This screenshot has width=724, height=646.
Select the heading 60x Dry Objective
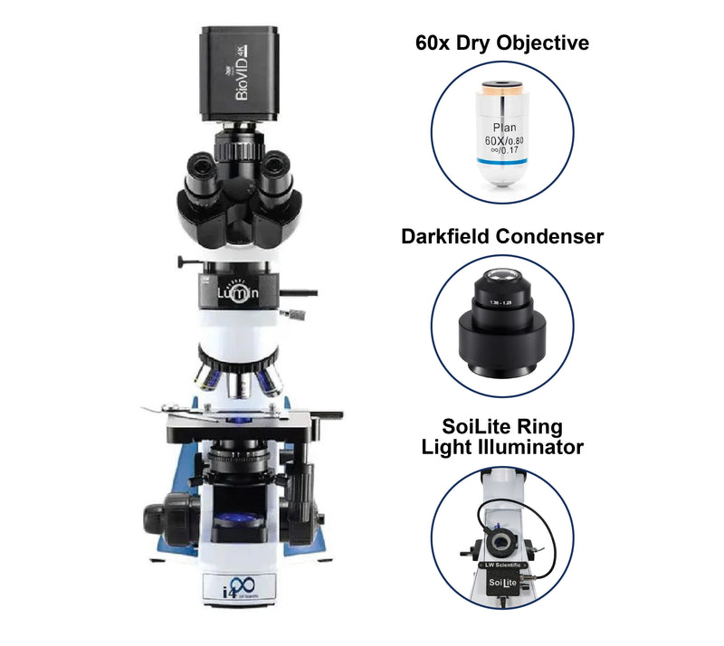pos(501,43)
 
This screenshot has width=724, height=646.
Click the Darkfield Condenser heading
pos(501,236)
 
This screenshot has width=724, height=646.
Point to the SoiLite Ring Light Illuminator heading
pos(501,435)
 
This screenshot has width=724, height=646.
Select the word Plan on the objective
pos(499,128)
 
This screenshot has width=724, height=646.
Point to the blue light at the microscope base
pos(233,522)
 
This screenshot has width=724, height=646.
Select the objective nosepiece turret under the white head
pos(237,371)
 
